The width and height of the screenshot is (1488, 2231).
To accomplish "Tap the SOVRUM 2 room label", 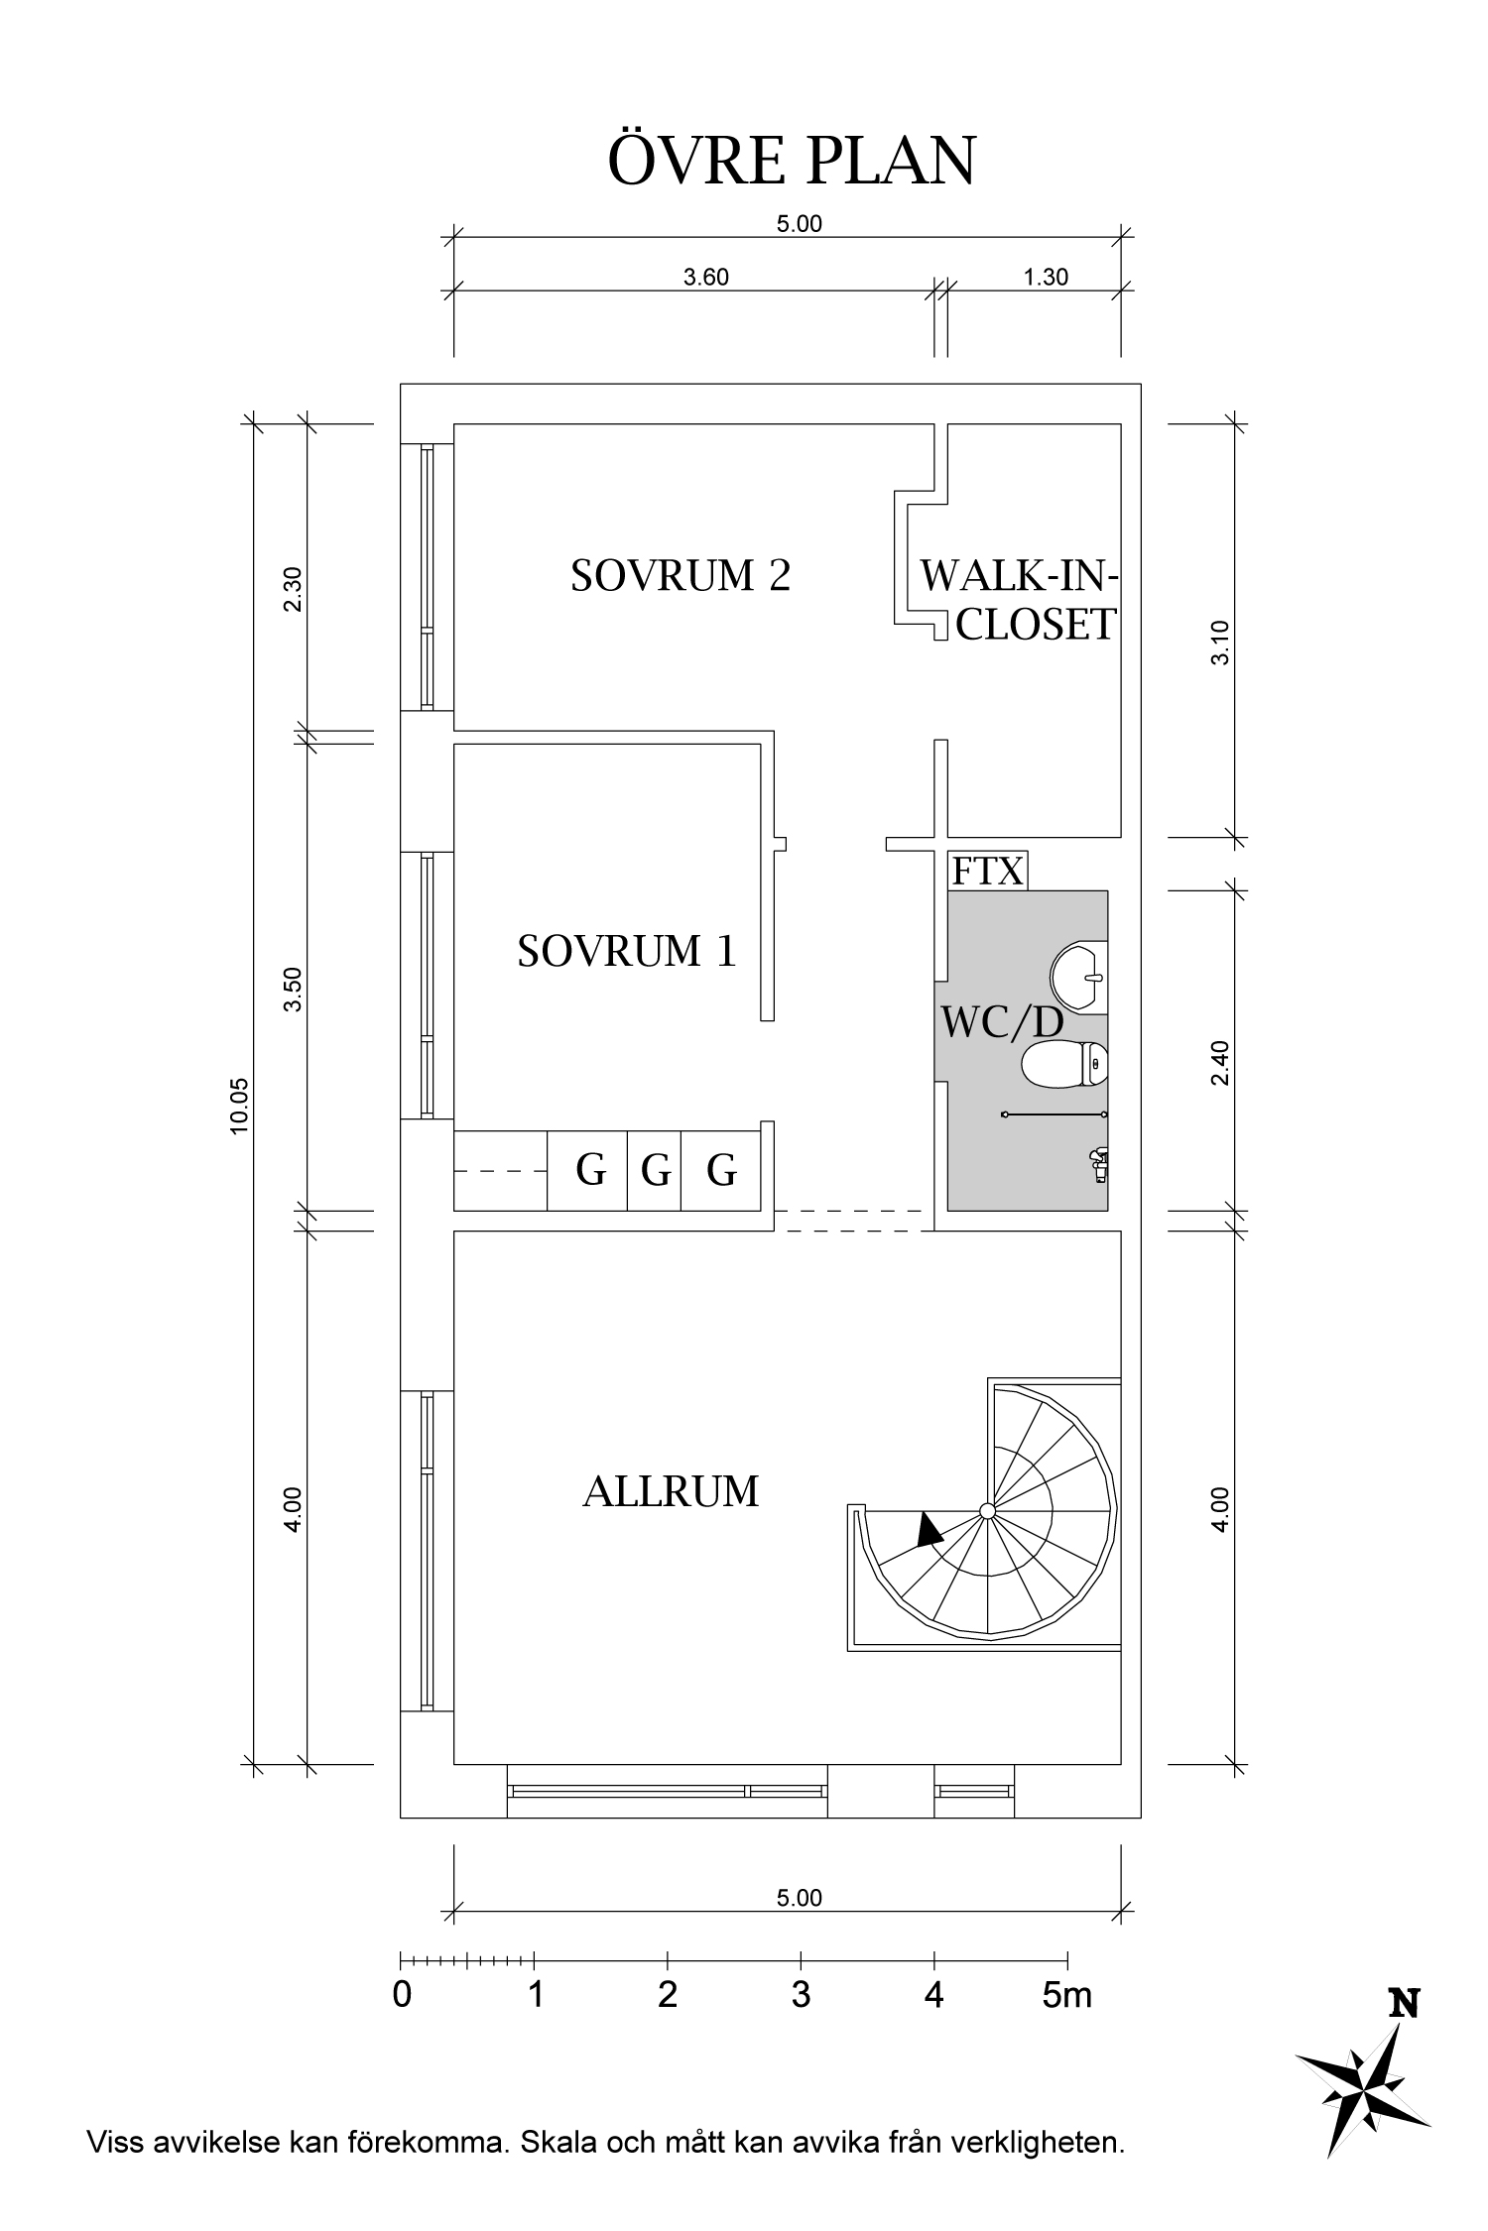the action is (x=681, y=576).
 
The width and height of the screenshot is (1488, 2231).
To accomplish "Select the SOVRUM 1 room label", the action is (x=627, y=952).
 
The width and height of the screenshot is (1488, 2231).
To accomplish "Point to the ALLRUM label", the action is (x=671, y=1492).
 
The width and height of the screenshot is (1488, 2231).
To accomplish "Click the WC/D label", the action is (x=1002, y=1023).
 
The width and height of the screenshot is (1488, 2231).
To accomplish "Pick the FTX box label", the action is (x=987, y=872).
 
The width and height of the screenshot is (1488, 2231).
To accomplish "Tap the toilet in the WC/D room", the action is (x=1064, y=1065).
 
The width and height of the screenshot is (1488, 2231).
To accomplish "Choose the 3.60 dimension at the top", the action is (x=706, y=277).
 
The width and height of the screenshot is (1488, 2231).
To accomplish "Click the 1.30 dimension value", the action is (x=1046, y=277).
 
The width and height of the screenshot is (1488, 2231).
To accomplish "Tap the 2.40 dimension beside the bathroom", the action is (x=1220, y=1062).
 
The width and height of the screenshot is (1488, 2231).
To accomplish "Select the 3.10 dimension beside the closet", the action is (x=1220, y=643).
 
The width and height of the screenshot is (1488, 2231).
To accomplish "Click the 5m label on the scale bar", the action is (x=1067, y=1994).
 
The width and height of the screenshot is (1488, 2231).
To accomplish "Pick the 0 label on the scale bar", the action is (x=402, y=1994).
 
